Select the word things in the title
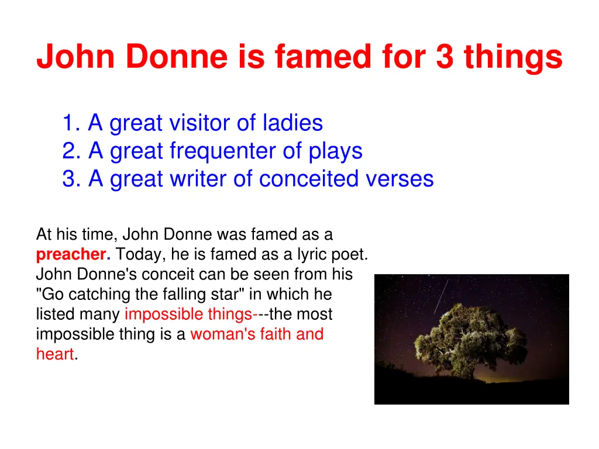coord(513,58)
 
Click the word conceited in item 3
coord(309,179)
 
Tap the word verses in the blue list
coord(400,179)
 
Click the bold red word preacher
coord(73,255)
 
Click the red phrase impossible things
coord(188,315)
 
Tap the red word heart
coord(54,354)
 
